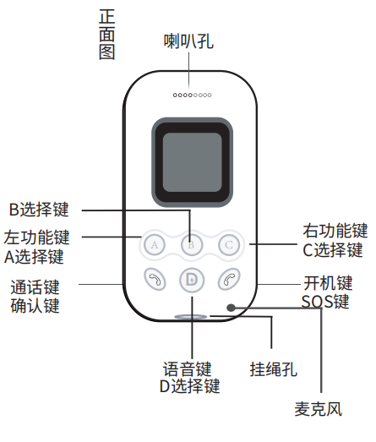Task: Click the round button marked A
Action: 154,245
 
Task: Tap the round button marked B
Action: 192,245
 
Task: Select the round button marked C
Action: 229,245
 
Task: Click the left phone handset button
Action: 155,280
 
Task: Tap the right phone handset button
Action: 229,280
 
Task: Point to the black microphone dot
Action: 231,308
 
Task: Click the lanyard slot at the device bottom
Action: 191,317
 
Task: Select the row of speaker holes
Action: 193,95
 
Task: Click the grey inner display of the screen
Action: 193,162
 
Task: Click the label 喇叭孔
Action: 188,41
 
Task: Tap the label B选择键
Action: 39,210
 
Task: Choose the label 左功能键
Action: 36,237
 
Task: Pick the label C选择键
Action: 333,250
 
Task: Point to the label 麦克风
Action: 319,409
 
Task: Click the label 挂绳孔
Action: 274,369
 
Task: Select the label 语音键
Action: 187,368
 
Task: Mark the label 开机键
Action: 328,283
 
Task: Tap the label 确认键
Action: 35,305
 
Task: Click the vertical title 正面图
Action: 107,35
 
